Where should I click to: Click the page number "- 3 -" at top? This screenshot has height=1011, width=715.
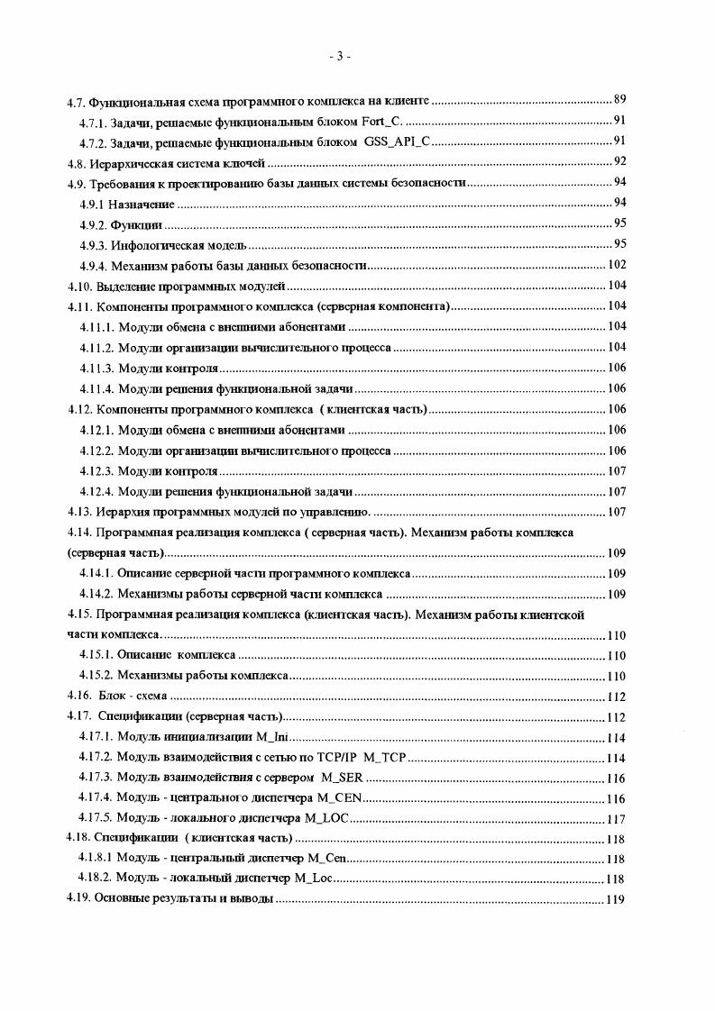tap(340, 57)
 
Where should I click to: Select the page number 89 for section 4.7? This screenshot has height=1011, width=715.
tap(619, 100)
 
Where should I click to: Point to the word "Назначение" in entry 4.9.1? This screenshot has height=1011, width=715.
tap(142, 204)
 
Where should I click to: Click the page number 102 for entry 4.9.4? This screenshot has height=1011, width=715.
tap(617, 265)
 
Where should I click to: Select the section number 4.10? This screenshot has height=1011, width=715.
tap(82, 286)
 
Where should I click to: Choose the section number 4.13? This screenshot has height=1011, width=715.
tap(82, 512)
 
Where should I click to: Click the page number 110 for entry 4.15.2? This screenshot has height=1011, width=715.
tap(617, 676)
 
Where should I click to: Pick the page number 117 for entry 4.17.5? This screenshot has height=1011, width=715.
tap(617, 820)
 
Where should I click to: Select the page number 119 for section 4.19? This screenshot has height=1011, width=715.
tap(617, 900)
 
